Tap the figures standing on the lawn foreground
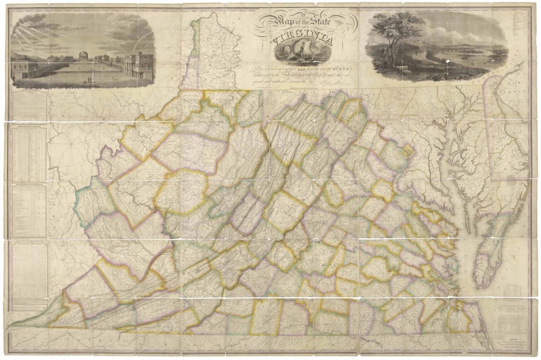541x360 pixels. point(90,79)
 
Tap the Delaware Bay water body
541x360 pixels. point(509,135)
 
